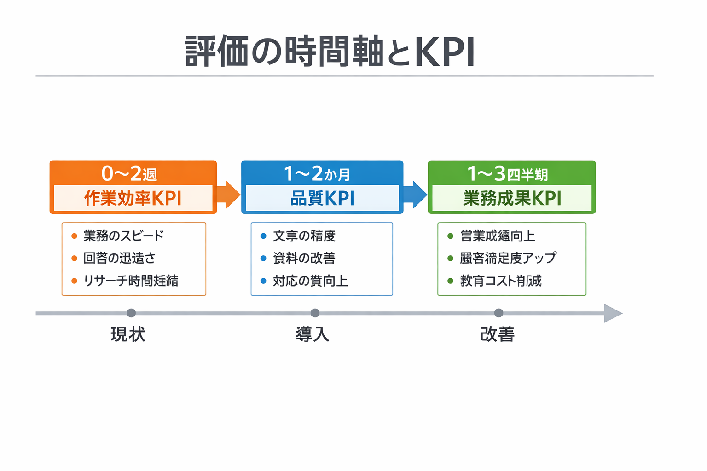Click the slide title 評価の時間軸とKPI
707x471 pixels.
click(330, 52)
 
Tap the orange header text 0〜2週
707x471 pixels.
click(129, 174)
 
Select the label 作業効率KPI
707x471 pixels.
click(133, 199)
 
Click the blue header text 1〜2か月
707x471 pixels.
click(317, 174)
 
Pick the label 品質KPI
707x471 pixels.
click(322, 199)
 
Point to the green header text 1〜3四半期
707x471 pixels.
click(507, 174)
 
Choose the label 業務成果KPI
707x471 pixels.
click(512, 199)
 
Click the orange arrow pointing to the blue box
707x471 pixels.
click(228, 195)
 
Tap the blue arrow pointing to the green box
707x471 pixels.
click(415, 195)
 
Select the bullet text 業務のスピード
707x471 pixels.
click(123, 236)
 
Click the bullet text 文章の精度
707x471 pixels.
click(304, 236)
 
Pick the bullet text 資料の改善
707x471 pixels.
click(304, 258)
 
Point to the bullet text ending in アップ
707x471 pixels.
click(508, 258)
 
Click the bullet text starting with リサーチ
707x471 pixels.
click(131, 281)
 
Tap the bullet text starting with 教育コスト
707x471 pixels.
click(501, 281)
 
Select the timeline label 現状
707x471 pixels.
click(128, 334)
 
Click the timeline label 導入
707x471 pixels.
click(313, 334)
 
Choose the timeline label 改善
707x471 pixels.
click(498, 334)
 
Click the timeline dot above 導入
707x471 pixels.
click(315, 313)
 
